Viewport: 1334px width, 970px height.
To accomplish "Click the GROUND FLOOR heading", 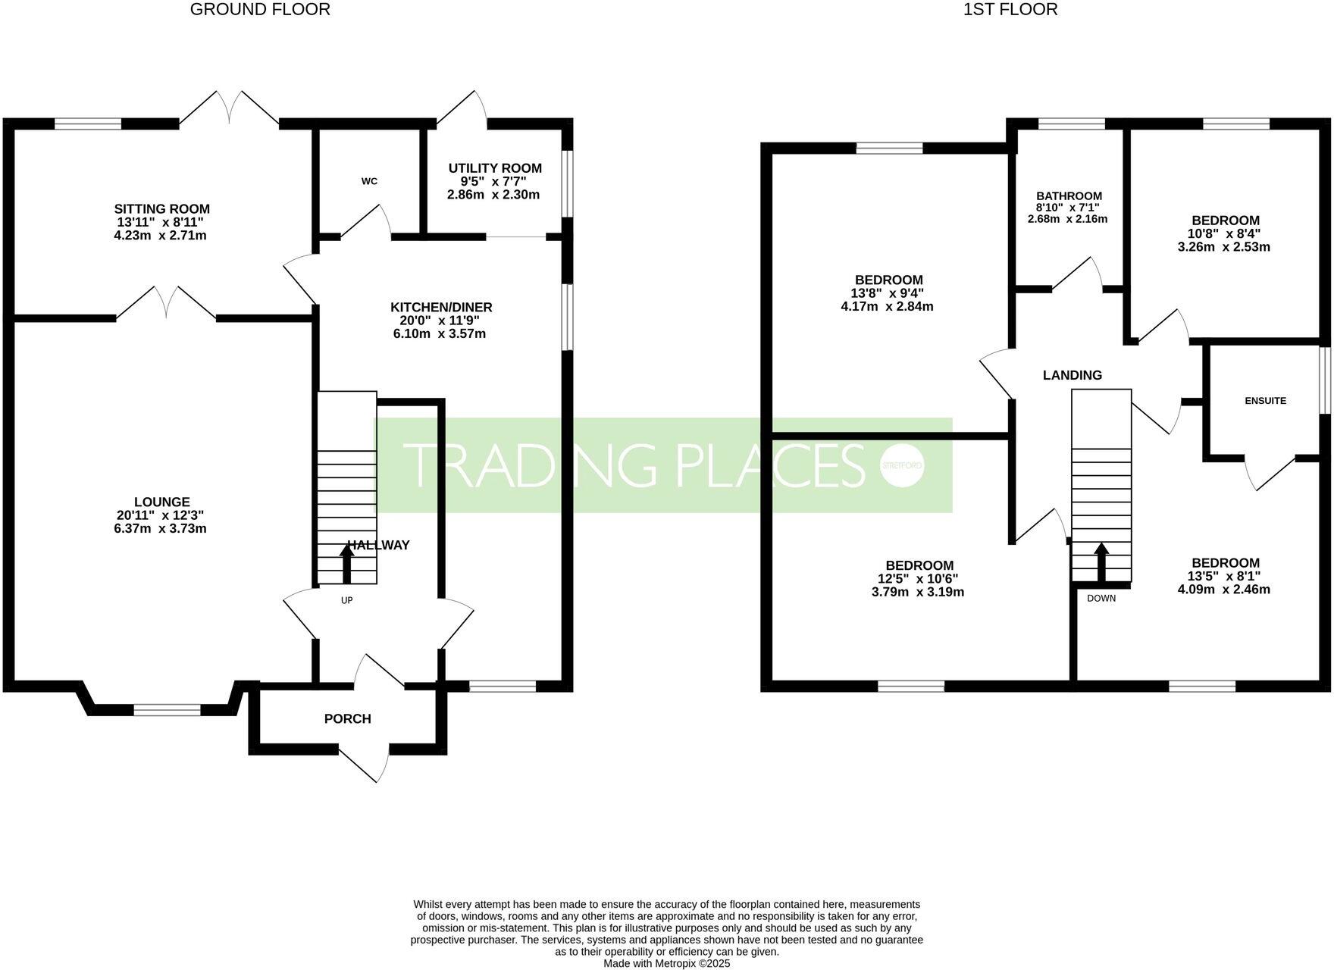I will pos(260,10).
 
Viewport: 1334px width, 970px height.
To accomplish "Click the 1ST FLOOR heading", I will pos(1010,10).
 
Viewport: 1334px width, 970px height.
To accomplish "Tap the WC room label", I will pos(369,181).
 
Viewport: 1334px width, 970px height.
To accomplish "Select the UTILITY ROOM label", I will pos(495,168).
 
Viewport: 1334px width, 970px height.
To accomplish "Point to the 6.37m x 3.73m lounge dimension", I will pos(160,528).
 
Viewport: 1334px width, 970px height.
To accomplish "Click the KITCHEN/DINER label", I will pos(441,307).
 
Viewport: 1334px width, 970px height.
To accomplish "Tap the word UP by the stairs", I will pos(347,600).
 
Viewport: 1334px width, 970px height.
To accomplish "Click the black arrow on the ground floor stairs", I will pos(346,562).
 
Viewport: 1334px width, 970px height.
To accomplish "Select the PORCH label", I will pos(348,718).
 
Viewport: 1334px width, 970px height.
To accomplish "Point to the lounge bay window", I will pos(167,709).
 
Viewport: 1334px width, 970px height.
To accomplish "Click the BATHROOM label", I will pos(1069,196).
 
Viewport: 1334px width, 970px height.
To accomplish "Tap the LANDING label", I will pos(1072,375).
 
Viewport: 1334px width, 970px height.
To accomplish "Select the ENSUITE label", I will pos(1265,401).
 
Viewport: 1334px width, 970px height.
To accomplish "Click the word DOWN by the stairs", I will pos(1101,598).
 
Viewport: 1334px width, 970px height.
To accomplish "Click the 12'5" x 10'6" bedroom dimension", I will pos(919,578).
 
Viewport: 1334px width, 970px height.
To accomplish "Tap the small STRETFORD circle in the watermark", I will pos(901,465).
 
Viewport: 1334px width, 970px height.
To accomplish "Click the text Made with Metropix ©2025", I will pos(666,963).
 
